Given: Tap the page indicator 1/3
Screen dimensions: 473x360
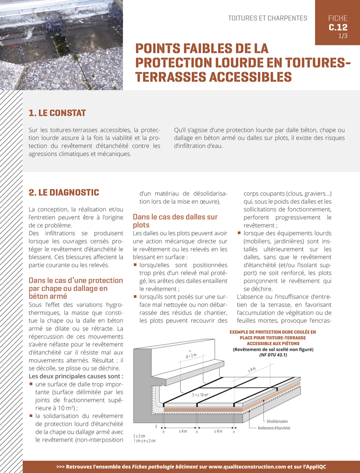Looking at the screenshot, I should [343, 36].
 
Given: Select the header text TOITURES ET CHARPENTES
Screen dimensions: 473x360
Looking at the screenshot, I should [267, 18].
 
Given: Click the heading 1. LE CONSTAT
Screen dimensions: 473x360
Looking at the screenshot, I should [57, 113].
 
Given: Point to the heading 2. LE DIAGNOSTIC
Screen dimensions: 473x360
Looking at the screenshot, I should [64, 192].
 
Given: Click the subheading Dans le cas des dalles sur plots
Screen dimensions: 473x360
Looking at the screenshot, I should [175, 221].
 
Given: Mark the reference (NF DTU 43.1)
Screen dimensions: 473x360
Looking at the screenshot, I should [273, 355].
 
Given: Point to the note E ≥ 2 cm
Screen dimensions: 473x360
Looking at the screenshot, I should [140, 435].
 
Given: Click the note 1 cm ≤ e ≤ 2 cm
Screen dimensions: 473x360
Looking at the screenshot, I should [144, 441].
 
